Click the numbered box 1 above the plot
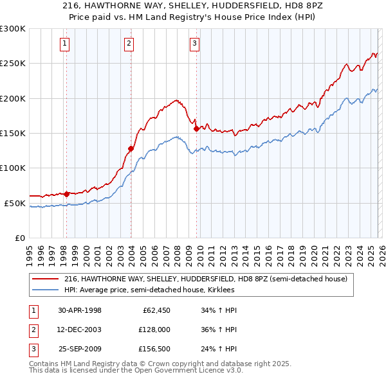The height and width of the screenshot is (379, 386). [66, 44]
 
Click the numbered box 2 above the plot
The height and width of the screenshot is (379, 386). [129, 44]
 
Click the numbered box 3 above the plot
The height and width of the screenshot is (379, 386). [194, 44]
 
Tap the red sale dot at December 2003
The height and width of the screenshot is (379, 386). [131, 149]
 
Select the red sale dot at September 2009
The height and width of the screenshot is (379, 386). [196, 128]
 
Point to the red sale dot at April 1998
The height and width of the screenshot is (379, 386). [66, 193]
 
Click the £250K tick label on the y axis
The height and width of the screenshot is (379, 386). [13, 64]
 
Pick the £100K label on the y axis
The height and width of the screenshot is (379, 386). [13, 168]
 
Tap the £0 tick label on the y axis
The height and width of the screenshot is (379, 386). [19, 238]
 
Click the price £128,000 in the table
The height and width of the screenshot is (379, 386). [153, 330]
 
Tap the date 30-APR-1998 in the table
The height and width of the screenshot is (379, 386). [80, 310]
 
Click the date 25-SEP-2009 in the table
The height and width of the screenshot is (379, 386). [80, 349]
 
